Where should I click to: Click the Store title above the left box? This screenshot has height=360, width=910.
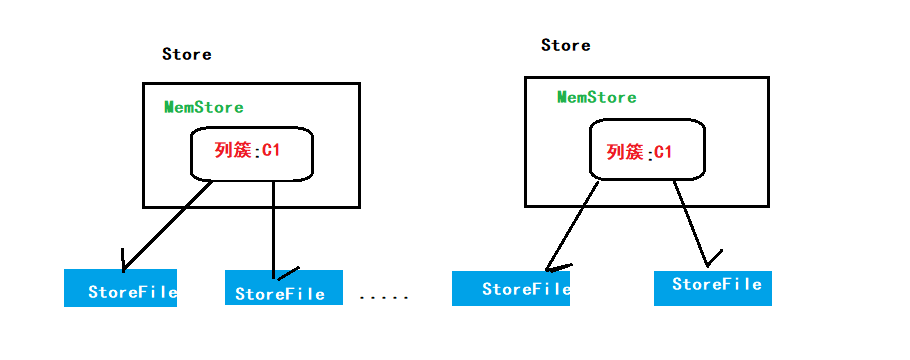click(x=187, y=54)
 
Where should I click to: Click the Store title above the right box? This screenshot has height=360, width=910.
click(x=566, y=45)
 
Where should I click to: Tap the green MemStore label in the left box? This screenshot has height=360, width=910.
click(x=204, y=107)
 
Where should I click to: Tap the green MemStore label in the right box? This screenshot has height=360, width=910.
click(x=597, y=97)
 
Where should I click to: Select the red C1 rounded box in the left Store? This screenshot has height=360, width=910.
click(x=252, y=153)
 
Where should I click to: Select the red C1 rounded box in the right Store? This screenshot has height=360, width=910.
click(x=646, y=151)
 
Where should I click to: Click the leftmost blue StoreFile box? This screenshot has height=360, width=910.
click(x=120, y=288)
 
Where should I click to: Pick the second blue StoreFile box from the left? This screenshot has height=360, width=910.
click(x=284, y=288)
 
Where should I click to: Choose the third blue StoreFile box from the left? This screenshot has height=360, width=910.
click(x=510, y=287)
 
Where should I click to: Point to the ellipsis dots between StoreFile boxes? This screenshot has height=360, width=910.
click(x=383, y=297)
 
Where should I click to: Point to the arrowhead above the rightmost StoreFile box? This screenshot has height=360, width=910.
click(x=711, y=258)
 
